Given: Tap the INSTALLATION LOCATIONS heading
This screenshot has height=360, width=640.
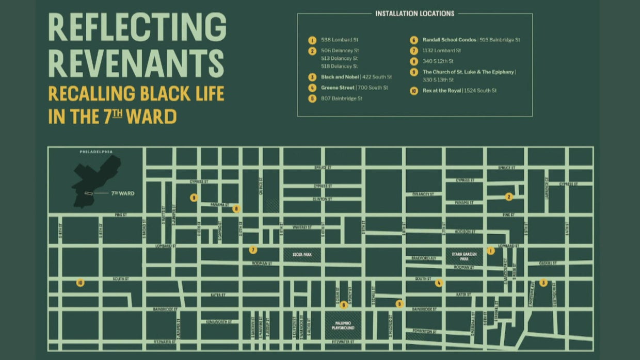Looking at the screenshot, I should (414, 13).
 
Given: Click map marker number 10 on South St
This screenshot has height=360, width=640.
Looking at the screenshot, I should (80, 283).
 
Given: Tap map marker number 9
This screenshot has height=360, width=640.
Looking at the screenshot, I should (194, 198).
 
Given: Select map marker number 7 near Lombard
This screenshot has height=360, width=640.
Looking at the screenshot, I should (253, 250).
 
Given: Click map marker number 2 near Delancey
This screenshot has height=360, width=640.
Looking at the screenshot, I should (509, 197).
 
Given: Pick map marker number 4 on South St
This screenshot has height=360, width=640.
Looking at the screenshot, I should (439, 283).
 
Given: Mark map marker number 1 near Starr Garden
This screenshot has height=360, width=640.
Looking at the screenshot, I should (491, 251).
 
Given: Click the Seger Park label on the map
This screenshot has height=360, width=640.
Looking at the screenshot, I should (302, 254).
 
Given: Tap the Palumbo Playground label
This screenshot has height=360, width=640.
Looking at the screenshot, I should (343, 325).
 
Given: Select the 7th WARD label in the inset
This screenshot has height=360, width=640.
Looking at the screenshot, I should (123, 193).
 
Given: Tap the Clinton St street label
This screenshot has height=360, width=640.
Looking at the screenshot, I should (322, 199).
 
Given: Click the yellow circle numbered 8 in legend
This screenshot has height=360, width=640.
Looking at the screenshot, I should (413, 61).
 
